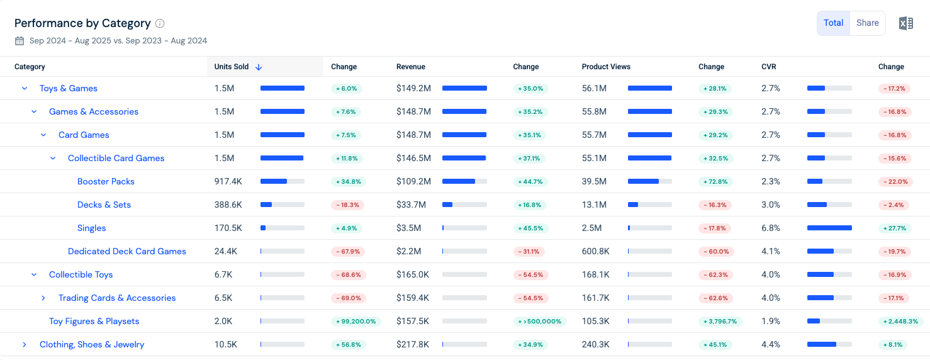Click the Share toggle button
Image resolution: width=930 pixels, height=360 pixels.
867,23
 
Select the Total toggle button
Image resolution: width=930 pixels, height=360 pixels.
833,23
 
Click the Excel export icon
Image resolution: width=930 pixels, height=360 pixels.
906,23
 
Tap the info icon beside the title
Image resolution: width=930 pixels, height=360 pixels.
159,23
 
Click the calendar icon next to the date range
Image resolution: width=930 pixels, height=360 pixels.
20,41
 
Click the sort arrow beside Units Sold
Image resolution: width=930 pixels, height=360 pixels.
259,67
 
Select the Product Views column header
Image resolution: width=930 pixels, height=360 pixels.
606,67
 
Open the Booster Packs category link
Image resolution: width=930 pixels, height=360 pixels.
106,181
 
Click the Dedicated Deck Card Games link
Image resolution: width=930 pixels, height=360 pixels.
126,251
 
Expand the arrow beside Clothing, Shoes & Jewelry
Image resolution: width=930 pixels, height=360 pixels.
25,345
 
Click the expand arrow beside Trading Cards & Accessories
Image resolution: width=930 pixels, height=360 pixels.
43,298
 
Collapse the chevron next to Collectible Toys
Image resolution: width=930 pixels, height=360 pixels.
34,274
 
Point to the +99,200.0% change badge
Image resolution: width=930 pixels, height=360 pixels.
356,322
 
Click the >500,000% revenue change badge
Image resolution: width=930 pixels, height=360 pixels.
540,322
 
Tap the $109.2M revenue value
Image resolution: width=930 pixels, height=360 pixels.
413,181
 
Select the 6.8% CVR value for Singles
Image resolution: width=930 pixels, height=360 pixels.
771,228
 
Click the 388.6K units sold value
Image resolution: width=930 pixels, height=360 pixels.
228,205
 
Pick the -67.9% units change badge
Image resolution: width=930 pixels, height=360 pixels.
348,252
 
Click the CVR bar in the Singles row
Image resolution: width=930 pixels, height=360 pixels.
829,228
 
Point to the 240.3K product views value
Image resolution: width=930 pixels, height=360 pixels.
595,345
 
